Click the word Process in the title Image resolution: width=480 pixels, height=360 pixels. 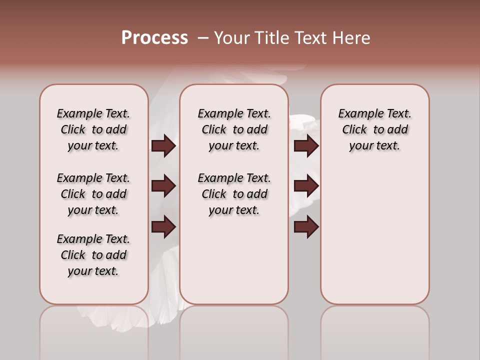tap(154, 38)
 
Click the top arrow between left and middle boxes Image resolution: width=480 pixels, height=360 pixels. tap(163, 145)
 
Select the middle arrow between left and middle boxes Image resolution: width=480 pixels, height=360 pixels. tap(163, 186)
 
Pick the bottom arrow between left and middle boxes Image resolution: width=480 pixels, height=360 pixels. tap(163, 227)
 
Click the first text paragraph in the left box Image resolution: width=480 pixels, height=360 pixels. tap(93, 129)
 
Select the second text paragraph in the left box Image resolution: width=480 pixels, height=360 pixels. tap(93, 194)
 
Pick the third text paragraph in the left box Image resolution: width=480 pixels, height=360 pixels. tap(93, 255)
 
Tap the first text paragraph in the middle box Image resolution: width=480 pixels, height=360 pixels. tap(234, 129)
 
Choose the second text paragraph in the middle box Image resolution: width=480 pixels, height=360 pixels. tap(234, 194)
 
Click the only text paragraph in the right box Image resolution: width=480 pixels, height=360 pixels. tap(375, 129)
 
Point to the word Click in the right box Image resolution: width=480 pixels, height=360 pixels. tap(354, 129)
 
